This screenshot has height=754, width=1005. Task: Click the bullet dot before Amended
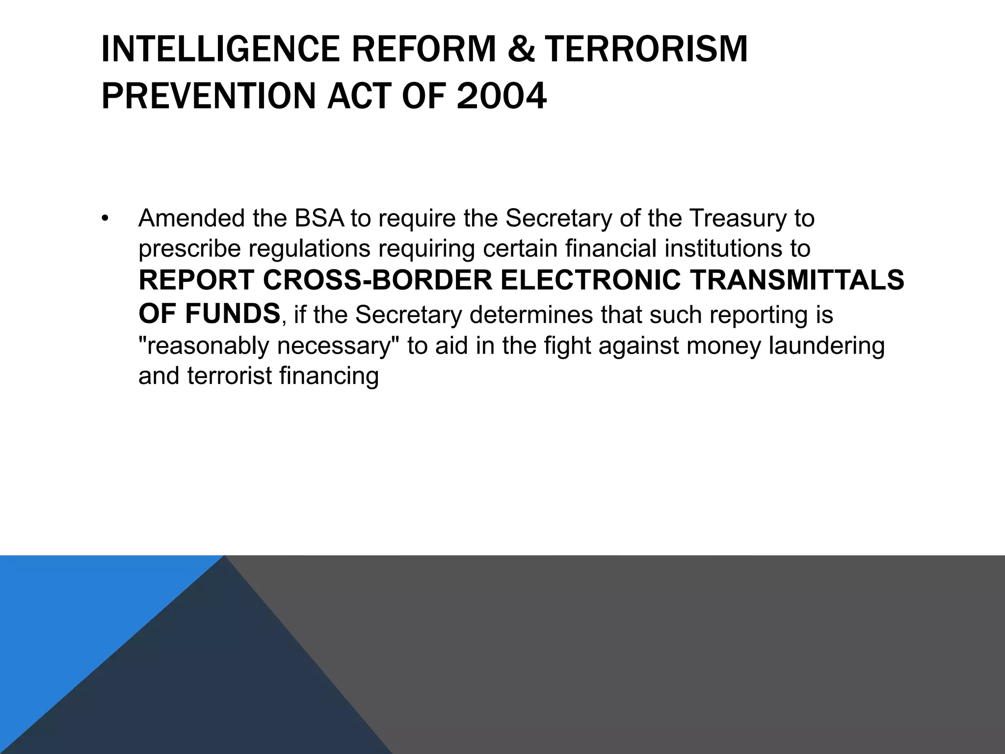105,218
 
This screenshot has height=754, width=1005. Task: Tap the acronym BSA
319,218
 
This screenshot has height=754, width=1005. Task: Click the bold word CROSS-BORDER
377,280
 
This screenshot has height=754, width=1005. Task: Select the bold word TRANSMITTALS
797,280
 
